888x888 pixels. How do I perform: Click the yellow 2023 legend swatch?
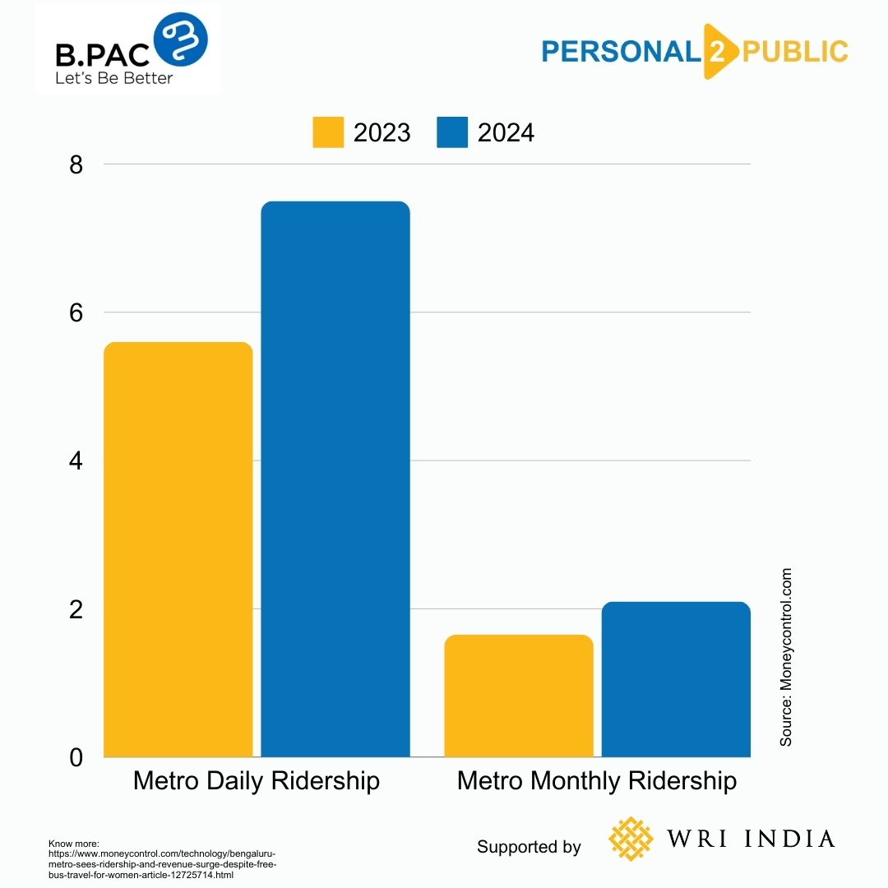click(x=328, y=132)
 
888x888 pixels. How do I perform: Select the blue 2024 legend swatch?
click(x=452, y=132)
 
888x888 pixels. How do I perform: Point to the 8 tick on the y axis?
click(x=76, y=164)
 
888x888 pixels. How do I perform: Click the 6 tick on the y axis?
click(x=76, y=312)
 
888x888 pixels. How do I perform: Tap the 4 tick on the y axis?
click(x=76, y=460)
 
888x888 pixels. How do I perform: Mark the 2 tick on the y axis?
click(x=76, y=609)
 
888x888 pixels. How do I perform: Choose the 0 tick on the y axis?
click(x=76, y=757)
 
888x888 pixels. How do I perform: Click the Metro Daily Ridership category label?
click(x=257, y=780)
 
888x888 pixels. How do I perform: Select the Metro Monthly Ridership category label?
click(x=597, y=780)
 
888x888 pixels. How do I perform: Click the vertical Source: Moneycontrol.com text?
click(x=787, y=657)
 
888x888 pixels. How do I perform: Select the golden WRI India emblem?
click(x=631, y=839)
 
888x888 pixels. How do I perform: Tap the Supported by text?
click(x=529, y=847)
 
